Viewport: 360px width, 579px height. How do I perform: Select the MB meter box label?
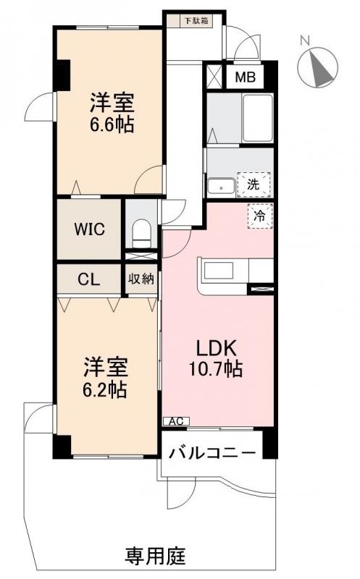(243, 76)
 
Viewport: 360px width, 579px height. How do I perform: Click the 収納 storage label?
(141, 279)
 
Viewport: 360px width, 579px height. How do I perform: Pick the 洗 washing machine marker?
(253, 184)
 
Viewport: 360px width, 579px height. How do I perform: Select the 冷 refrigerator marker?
(258, 214)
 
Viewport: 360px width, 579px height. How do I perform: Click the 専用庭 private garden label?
(156, 557)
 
